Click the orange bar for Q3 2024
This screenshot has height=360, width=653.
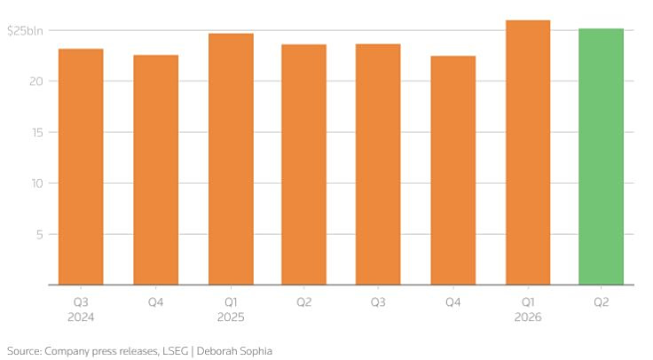point(81,167)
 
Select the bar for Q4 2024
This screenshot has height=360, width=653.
point(156,170)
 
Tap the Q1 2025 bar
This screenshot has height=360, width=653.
point(232,159)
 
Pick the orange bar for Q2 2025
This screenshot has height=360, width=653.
point(304,165)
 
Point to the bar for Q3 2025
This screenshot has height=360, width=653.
point(378,164)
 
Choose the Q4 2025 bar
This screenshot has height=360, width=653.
point(453,170)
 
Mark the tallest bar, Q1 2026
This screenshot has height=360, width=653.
point(528,153)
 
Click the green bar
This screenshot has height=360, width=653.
point(601,157)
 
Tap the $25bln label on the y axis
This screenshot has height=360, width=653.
point(25,31)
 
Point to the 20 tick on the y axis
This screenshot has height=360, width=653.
point(36,82)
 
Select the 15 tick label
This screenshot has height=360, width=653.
point(37,132)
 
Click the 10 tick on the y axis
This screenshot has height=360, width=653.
point(37,184)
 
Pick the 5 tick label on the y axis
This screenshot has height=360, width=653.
point(40,234)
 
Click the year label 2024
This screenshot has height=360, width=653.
point(81,317)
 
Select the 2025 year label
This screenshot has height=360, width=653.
point(231,317)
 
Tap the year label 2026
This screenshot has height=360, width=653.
point(528,317)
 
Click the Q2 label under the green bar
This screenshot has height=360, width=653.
point(601,301)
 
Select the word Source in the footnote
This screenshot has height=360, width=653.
point(24,351)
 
